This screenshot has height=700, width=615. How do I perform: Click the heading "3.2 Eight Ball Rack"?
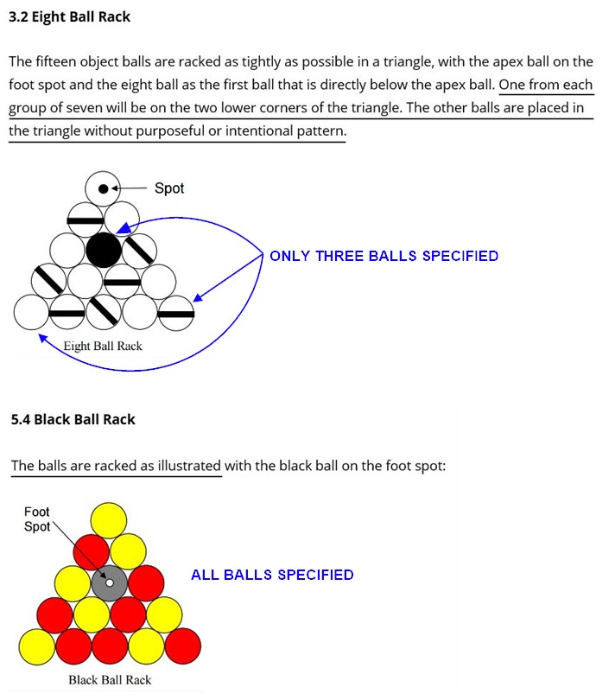69,17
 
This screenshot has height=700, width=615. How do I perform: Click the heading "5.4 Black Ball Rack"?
73,420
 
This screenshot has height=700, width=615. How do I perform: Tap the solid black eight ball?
103,250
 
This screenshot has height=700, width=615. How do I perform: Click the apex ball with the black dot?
103,189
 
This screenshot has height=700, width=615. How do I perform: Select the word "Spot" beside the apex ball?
169,188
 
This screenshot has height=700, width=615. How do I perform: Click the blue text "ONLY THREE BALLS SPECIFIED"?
384,256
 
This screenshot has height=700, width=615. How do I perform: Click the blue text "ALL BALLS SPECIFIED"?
272,575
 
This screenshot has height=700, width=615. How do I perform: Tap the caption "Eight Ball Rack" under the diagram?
103,346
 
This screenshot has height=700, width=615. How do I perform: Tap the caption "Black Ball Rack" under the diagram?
110,680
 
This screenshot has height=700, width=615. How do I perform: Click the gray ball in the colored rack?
110,583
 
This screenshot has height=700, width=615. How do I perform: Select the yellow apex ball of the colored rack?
109,520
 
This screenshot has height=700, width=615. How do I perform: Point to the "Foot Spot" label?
36,519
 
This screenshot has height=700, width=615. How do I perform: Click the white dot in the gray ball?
110,582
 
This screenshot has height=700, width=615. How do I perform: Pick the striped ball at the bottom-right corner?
176,313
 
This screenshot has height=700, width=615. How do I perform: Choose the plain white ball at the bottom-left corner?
31,312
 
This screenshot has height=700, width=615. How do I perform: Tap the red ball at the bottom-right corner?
182,646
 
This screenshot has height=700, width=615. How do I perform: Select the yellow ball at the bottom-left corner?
37,647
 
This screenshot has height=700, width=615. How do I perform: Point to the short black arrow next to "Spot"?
129,188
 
